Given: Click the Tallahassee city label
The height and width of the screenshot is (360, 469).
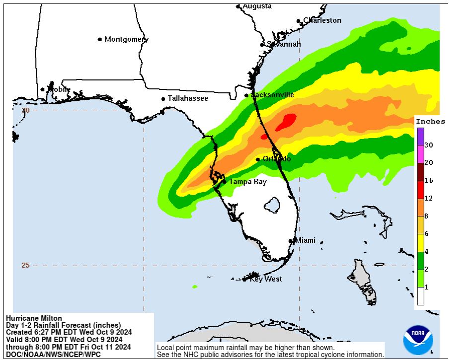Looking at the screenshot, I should coord(188,98).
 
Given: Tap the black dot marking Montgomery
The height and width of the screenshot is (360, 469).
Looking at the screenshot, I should coord(100,39).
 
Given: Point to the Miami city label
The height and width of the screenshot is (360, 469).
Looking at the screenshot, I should coord(305,240).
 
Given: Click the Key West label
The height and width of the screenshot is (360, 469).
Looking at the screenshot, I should coord(266,279).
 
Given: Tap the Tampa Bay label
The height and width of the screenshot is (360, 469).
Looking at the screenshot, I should coord(247,182).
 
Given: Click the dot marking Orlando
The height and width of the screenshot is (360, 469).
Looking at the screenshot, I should coord(258,159).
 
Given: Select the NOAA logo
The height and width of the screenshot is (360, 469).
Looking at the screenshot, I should coord(418,340).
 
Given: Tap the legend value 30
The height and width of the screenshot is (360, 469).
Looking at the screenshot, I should coord(429,145).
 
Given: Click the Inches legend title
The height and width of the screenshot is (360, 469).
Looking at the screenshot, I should coord(430,122).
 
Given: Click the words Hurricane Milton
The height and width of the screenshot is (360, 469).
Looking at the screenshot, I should coord(34,318).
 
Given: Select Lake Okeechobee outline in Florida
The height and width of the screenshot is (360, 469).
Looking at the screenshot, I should coord(272,204).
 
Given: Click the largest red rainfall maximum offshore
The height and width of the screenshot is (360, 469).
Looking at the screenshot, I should coord(286,122).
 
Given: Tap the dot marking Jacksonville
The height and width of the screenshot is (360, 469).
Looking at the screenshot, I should coord(246,95).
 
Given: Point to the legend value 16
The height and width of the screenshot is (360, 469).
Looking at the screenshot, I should coord(429,181).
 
